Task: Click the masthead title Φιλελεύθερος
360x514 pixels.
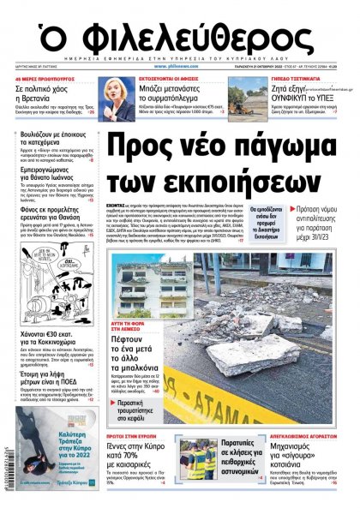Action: (179, 35)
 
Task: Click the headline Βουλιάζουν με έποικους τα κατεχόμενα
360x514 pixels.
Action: (55, 140)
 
